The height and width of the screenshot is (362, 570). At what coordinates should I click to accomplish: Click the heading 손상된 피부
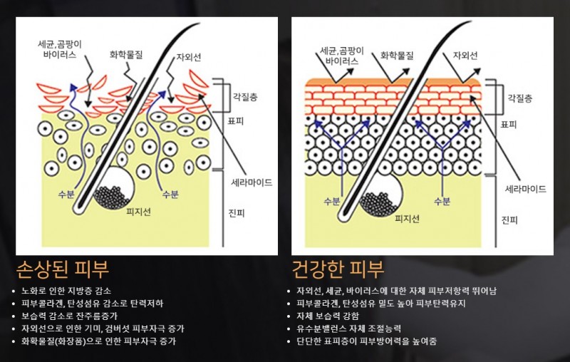tap(63, 269)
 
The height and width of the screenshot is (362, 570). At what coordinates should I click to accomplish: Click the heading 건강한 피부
tap(338, 269)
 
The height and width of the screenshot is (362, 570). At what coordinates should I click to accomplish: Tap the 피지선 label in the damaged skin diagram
tap(138, 212)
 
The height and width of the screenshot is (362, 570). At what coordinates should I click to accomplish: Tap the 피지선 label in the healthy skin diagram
tap(407, 219)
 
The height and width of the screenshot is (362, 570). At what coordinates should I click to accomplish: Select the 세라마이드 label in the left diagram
tap(252, 182)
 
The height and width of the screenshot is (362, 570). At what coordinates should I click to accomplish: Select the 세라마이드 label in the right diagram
tap(526, 189)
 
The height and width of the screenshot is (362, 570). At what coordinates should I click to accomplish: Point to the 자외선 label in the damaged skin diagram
tap(189, 57)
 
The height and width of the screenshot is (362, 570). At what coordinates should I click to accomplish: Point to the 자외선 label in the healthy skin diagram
tap(465, 56)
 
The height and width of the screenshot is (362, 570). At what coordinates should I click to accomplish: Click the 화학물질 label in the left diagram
tap(126, 55)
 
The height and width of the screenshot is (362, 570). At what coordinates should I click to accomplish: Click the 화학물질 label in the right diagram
tap(397, 56)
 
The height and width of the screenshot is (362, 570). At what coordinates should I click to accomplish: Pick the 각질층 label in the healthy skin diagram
tap(520, 98)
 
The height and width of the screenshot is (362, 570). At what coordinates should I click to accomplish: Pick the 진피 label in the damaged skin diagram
tap(237, 213)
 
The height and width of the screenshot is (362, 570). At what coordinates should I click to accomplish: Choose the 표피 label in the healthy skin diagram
tap(509, 124)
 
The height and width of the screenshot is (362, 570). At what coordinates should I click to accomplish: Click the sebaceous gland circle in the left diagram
tap(115, 188)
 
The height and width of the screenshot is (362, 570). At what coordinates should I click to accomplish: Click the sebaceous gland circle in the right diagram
tap(382, 195)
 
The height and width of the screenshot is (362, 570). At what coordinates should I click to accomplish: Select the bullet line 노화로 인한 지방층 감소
tap(66, 291)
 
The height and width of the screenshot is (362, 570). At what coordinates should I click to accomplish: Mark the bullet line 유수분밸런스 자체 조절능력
tap(349, 329)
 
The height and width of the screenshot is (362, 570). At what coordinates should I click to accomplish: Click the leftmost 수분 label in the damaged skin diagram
tap(66, 194)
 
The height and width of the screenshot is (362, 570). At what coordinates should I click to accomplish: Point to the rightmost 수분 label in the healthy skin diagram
tap(442, 201)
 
